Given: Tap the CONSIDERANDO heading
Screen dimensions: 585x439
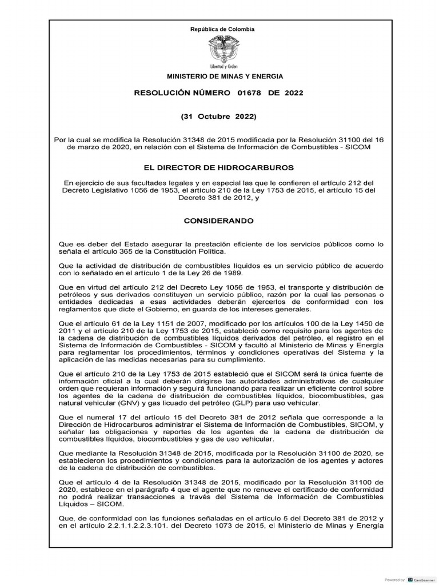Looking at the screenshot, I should (219, 220).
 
